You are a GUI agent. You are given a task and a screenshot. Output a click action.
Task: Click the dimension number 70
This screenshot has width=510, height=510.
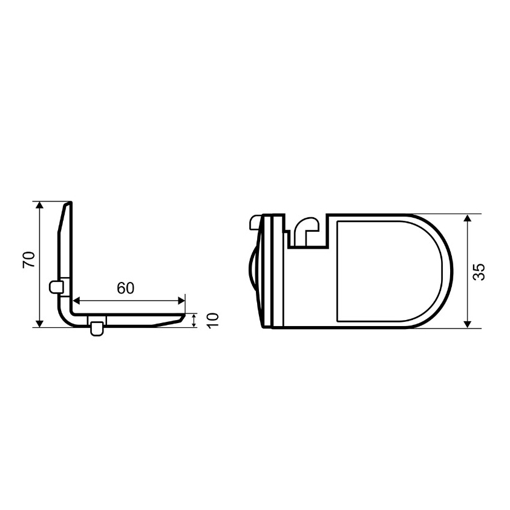(28, 259)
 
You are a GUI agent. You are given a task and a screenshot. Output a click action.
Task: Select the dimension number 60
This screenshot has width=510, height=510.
(126, 288)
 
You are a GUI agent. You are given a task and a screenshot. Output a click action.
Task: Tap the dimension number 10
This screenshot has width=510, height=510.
(213, 321)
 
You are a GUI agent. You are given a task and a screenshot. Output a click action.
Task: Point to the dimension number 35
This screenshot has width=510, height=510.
(479, 272)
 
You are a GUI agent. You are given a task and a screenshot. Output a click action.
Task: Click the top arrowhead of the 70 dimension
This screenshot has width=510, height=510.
(39, 205)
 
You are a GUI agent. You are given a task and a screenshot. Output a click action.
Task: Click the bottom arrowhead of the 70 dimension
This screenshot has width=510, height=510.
(39, 324)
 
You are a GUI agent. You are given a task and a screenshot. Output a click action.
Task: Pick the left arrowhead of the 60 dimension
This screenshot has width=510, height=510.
(76, 301)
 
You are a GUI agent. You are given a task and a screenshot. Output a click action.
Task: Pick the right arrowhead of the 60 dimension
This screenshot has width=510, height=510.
(181, 301)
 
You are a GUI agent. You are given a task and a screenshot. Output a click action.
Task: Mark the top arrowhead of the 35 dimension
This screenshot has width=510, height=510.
(467, 218)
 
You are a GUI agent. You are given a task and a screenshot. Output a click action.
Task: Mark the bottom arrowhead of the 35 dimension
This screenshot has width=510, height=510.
(467, 324)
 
